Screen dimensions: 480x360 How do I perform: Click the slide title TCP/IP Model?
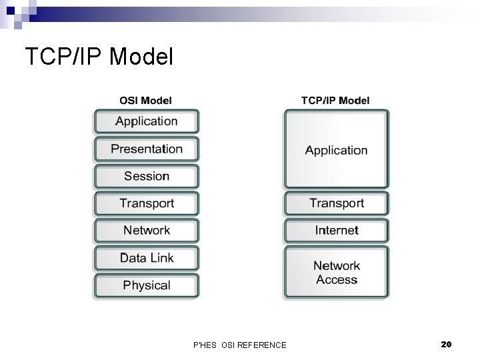coord(99,57)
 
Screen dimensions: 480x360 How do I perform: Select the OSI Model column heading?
coord(145,101)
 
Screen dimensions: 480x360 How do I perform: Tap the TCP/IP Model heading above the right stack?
coord(335,101)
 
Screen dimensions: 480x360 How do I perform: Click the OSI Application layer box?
coord(146,121)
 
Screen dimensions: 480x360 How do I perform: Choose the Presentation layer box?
coord(146,149)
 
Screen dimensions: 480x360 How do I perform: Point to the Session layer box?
coord(146,176)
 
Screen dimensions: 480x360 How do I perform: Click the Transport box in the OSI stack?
coord(146,203)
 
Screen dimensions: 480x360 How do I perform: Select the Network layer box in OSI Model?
coord(146,231)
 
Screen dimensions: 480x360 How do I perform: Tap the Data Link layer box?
coord(146,258)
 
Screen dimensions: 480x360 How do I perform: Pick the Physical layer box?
coord(146,285)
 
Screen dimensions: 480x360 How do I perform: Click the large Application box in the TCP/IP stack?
coord(336,149)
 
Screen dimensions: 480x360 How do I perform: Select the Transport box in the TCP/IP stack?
coord(336,203)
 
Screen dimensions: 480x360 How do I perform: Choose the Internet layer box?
coord(336,231)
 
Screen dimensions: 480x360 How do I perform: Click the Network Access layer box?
coord(336,273)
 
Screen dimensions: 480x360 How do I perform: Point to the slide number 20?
coord(446,344)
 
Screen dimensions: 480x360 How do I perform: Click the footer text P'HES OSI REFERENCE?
coord(239,345)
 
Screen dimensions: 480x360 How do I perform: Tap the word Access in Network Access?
coord(337,280)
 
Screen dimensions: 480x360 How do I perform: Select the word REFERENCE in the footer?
coord(262,345)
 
